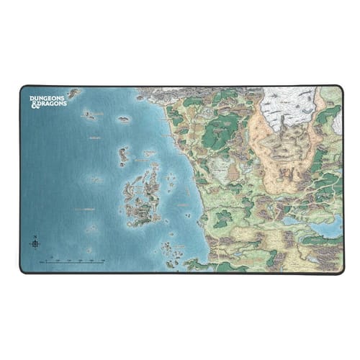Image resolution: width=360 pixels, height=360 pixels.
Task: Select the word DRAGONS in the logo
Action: [52, 104]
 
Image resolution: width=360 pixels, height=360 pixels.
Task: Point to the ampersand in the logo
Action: [33, 104]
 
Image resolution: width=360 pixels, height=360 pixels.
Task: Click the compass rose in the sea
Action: [35, 243]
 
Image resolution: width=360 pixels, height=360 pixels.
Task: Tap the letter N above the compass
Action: [35, 236]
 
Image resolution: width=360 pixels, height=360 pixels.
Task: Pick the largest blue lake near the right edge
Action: [328, 228]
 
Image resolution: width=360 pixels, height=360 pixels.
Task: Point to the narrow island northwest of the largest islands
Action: [123, 154]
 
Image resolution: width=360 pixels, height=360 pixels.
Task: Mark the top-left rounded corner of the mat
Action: [22, 88]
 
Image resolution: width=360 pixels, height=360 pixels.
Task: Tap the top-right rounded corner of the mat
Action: [340, 88]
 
